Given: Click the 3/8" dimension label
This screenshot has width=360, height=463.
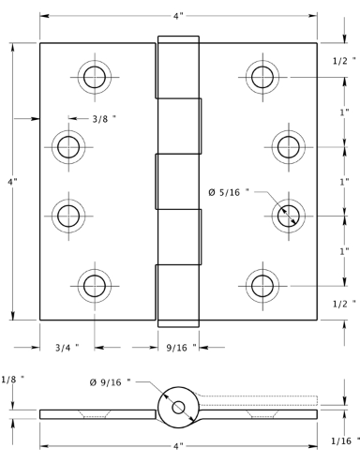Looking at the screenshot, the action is pos(104,119).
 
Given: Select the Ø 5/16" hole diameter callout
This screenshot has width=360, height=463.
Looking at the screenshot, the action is pos(229,192).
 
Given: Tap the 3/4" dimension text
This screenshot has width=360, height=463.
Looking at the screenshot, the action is pos(67,348).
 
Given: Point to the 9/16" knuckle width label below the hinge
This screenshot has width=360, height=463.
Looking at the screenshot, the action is pos(182,348).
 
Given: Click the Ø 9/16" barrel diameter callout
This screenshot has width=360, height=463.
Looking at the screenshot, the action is pos(110,382).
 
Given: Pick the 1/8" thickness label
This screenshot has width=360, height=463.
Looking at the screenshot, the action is pos(13,380).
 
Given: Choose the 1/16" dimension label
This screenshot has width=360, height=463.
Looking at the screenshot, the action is pos(345,441).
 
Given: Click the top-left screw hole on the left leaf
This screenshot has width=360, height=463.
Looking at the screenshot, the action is pos(95,77).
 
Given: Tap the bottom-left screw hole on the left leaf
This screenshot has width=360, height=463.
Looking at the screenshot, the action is pos(95,286).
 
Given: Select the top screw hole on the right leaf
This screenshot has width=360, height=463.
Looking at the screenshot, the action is pos(262,77).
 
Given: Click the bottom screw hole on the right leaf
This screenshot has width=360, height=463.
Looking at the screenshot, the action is pos(262,286).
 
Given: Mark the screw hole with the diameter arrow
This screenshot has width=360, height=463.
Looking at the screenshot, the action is pos(289,216).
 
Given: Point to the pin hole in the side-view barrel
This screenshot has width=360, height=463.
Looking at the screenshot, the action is pos(178,408).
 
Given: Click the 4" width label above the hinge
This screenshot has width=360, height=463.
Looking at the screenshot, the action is pos(178,16).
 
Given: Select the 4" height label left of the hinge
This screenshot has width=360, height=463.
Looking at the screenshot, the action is pos(12,182).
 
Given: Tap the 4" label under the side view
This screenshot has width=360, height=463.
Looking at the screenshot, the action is pos(178,447).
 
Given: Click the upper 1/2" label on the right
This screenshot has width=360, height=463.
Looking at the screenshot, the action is pos(344,61).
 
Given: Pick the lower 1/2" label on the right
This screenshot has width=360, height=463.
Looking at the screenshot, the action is pos(344,304).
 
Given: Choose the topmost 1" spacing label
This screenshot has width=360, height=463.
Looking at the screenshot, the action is pos(344,112).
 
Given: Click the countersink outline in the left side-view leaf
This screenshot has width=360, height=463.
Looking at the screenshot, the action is pos(95,414).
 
